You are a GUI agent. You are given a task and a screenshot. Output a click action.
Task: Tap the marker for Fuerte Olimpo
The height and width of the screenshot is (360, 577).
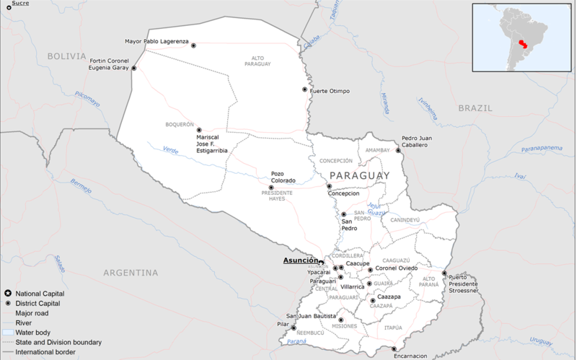click(304, 90)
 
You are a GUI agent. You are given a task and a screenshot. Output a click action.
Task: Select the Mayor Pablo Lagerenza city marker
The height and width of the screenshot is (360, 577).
click(193, 45)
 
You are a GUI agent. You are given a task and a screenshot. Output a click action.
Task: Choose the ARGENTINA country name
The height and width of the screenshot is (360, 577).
click(130, 273)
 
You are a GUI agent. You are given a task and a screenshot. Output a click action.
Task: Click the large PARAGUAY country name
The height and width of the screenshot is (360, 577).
click(358, 175)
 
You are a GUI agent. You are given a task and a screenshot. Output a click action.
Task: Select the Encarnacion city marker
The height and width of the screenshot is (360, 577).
click(394, 349)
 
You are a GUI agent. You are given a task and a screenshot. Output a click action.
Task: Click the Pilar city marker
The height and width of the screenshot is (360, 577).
click(293, 328)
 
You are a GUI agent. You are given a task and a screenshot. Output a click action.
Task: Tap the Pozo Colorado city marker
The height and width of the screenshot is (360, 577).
click(270, 187)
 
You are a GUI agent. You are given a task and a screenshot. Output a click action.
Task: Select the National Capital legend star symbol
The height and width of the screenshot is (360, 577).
click(7, 294)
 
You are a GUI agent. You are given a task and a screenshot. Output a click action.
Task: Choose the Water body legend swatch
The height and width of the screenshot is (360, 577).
click(7, 333)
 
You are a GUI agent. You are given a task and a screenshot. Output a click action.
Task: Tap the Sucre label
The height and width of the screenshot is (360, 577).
click(20, 3)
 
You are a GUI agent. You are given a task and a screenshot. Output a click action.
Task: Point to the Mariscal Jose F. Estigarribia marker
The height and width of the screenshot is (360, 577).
click(199, 131)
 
